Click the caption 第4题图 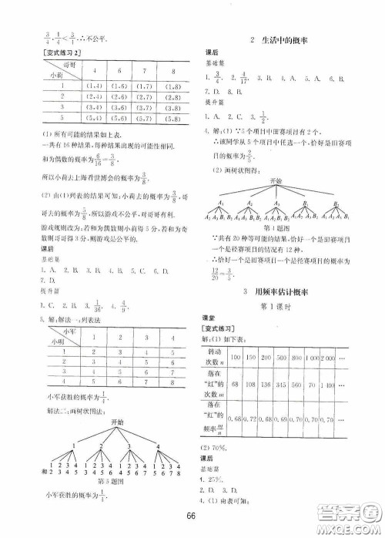click(x=277, y=251)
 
